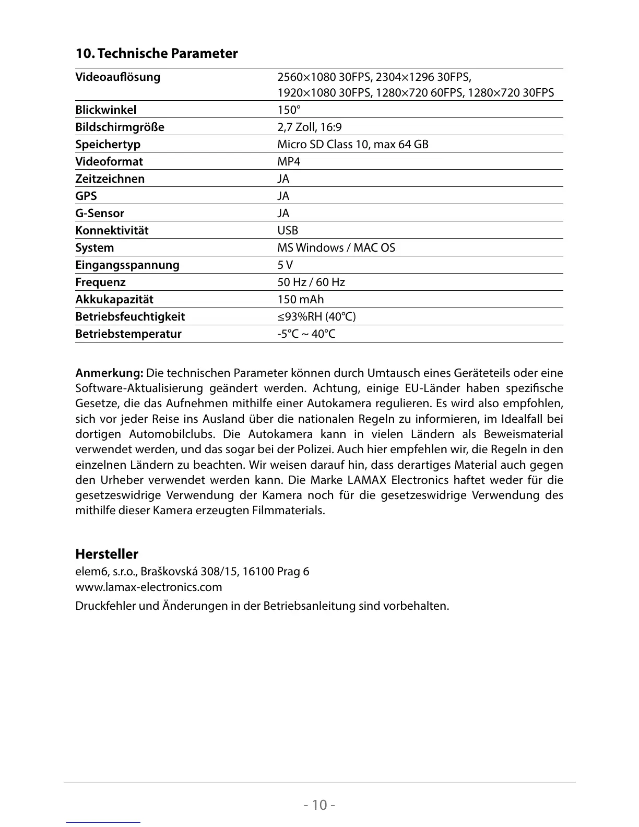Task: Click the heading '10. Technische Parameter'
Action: point(156,53)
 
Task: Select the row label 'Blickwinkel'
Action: point(105,110)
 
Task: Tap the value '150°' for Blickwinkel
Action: point(289,110)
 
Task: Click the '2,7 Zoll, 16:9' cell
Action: point(309,127)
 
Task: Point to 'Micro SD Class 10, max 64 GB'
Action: point(352,144)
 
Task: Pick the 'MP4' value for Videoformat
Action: point(289,161)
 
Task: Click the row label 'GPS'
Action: point(86,196)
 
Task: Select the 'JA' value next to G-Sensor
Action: point(283,213)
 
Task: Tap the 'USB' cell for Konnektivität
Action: point(288,230)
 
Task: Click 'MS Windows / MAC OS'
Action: point(336,247)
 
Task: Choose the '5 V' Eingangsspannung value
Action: point(285,265)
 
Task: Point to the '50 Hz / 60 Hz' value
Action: point(311,282)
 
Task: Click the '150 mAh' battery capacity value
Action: point(300,299)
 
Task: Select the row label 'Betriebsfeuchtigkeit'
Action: point(130,316)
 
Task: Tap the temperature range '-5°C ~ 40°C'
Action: point(306,334)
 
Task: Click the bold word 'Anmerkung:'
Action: point(109,373)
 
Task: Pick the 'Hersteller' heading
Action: point(106,553)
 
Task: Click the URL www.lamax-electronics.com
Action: point(149,587)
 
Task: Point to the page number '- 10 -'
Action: point(319,805)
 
